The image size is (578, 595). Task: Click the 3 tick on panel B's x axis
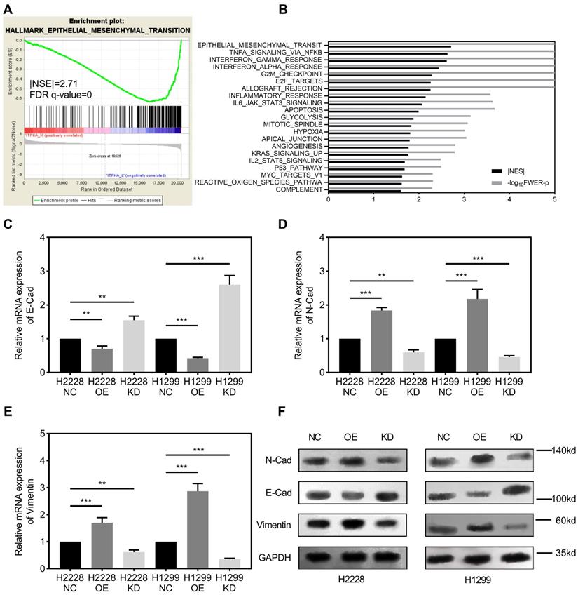465,199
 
